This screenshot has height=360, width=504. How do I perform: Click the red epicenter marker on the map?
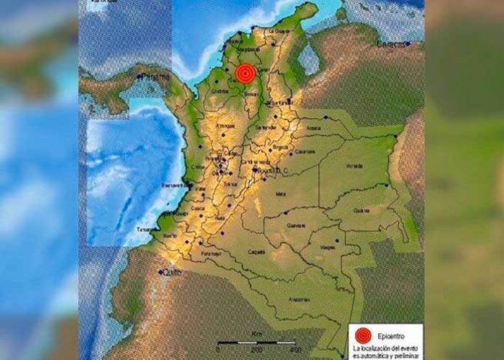pyautogui.click(x=245, y=72)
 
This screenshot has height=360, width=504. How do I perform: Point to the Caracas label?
pyautogui.click(x=391, y=44)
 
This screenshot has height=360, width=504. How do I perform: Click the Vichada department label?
pyautogui.click(x=354, y=166)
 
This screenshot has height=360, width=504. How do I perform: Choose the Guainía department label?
pyautogui.click(x=361, y=211)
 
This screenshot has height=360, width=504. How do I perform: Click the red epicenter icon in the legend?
pyautogui.click(x=363, y=335)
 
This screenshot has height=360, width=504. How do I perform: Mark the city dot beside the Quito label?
pyautogui.click(x=161, y=272)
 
